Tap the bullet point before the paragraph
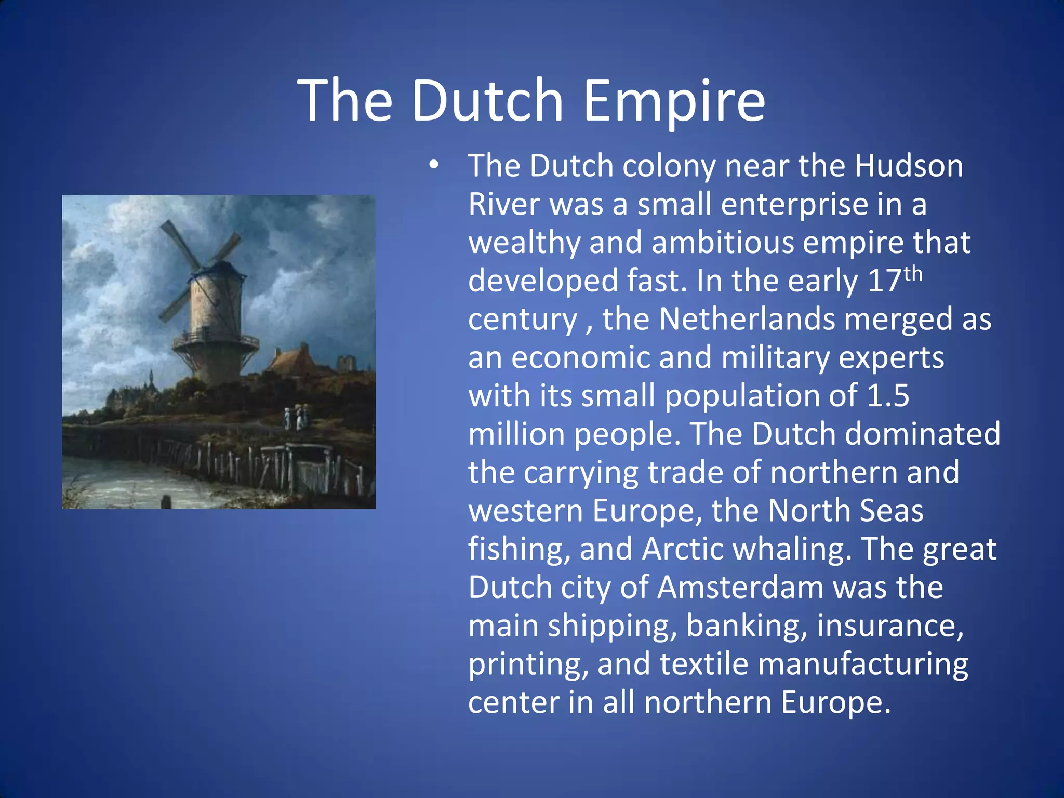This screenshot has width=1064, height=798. point(434,166)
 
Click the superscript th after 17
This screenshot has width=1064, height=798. point(913,274)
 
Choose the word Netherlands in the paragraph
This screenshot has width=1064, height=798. point(747,319)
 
